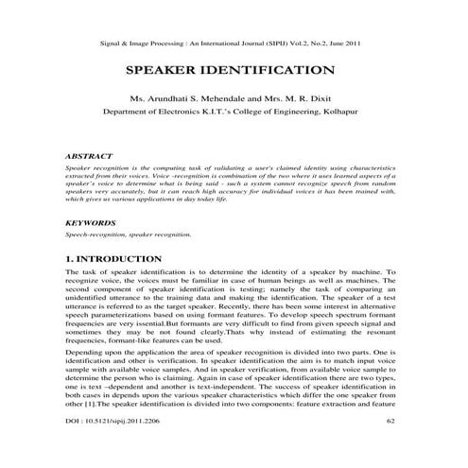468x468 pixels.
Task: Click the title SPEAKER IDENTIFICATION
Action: [234, 70]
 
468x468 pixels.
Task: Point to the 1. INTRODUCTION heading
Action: [113, 258]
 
